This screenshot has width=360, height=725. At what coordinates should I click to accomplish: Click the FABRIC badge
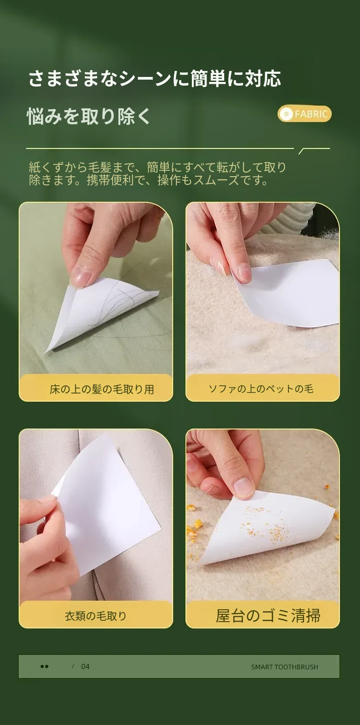pyautogui.click(x=304, y=114)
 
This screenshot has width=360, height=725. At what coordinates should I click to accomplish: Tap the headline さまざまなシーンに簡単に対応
pyautogui.click(x=155, y=79)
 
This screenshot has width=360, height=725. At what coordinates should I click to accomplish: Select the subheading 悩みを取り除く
pyautogui.click(x=88, y=116)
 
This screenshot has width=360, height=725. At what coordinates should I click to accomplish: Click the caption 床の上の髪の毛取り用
pyautogui.click(x=102, y=389)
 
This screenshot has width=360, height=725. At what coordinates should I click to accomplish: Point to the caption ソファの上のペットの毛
pyautogui.click(x=261, y=389)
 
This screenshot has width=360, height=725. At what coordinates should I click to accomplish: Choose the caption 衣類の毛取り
pyautogui.click(x=96, y=616)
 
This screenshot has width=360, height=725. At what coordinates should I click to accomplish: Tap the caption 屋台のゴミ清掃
pyautogui.click(x=268, y=616)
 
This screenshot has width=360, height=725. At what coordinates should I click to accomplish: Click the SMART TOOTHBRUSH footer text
pyautogui.click(x=284, y=667)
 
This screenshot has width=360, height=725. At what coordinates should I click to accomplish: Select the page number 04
pyautogui.click(x=85, y=666)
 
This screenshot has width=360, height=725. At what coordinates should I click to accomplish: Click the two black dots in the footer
pyautogui.click(x=44, y=666)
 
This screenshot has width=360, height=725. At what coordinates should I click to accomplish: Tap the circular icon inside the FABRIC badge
pyautogui.click(x=286, y=114)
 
